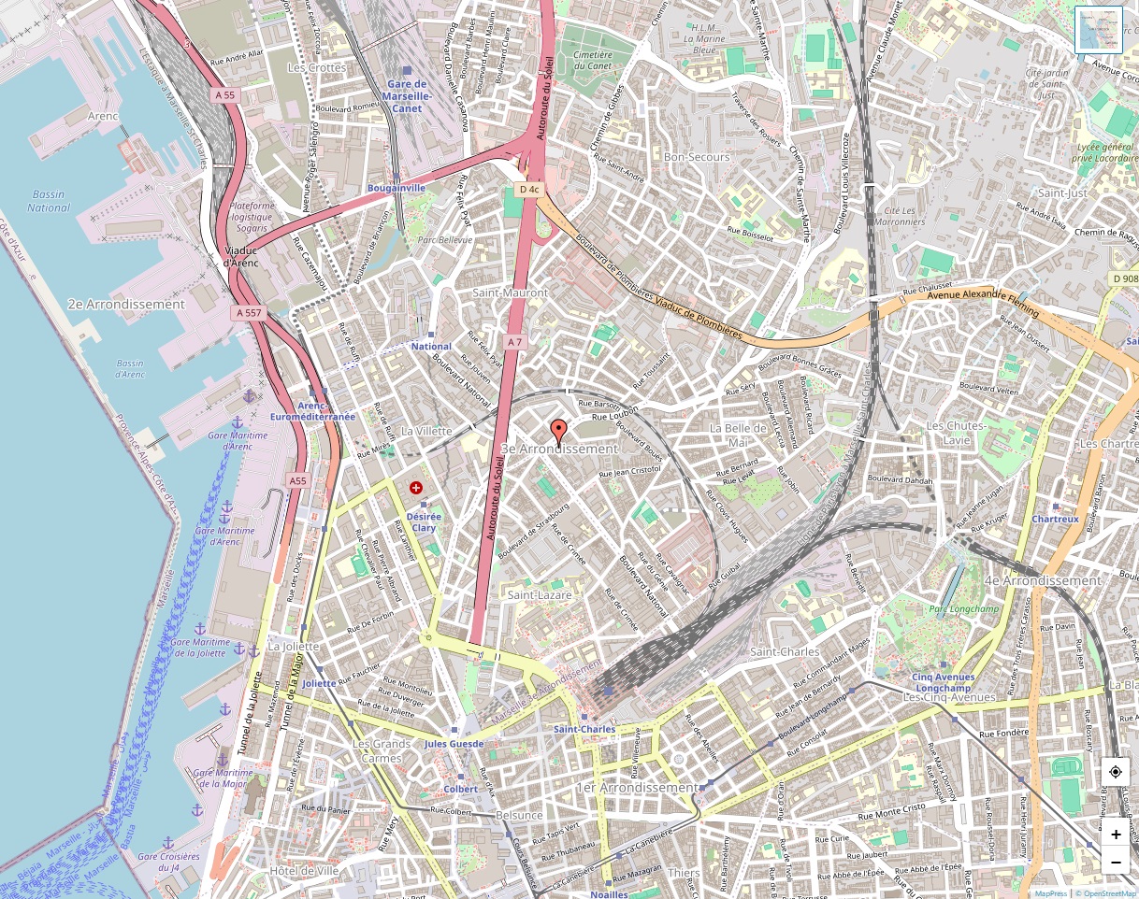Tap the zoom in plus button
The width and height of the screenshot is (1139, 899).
(x=1116, y=835)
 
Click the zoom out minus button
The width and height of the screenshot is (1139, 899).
(x=1116, y=862)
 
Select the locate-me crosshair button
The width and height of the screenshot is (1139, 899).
(x=1116, y=772)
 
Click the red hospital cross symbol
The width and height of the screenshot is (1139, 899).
(x=416, y=488)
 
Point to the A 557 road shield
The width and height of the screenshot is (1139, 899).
(x=249, y=313)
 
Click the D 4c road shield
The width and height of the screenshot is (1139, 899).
(x=529, y=189)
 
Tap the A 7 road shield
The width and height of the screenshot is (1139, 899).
(x=514, y=343)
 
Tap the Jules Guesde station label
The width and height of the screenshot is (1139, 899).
(x=454, y=744)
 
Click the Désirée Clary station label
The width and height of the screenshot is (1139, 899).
(x=424, y=522)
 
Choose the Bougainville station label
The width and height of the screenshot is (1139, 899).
(x=396, y=188)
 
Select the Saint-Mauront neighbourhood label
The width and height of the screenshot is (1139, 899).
(x=510, y=293)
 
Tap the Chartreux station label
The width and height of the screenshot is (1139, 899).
(x=1055, y=519)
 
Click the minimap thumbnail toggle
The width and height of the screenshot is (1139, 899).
(x=1098, y=30)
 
